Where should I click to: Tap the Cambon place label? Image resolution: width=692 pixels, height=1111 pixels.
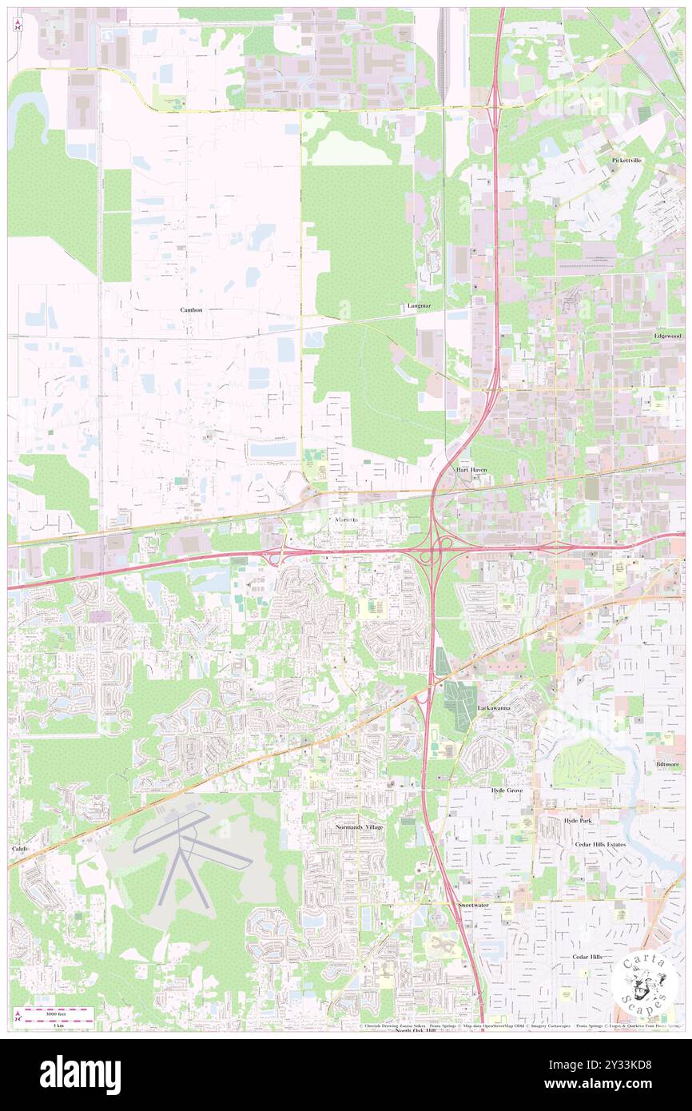[191, 309]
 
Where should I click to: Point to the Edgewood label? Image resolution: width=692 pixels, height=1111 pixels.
[667, 336]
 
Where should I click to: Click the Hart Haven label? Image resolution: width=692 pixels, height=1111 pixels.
[471, 470]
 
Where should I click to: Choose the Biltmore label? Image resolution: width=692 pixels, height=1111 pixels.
[667, 763]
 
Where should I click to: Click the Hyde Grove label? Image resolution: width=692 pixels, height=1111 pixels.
[507, 790]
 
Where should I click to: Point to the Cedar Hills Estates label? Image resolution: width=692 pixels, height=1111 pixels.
[600, 844]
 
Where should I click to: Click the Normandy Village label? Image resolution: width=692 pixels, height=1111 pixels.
[360, 826]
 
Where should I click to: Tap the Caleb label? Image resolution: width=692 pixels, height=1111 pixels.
[18, 847]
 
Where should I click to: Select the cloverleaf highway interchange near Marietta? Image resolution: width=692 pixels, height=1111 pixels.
[432, 552]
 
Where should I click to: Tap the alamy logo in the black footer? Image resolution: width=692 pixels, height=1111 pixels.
[80, 1074]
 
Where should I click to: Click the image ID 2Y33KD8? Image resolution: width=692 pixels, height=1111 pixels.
[629, 1064]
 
